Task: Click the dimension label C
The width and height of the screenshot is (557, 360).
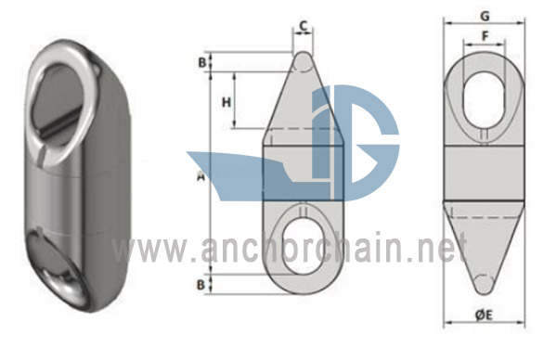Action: click(303, 26)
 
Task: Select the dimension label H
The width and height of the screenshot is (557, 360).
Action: click(227, 102)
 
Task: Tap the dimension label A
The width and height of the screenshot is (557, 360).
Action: click(201, 175)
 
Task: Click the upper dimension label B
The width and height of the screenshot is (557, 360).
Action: click(201, 62)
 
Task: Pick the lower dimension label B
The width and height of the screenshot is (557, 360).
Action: click(201, 284)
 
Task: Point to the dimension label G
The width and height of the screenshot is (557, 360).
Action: click(485, 16)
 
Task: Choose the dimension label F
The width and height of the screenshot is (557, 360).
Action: click(485, 35)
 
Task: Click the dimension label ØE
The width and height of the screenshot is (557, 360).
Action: click(484, 315)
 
